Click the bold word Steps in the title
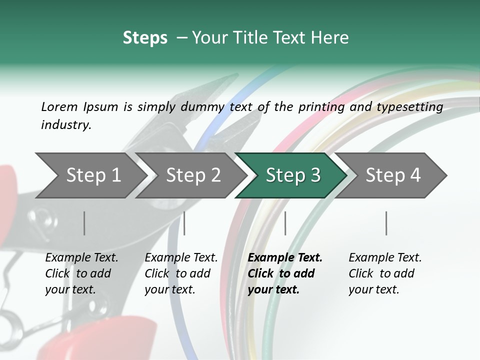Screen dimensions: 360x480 coord(145,38)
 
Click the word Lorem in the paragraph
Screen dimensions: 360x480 coord(59,106)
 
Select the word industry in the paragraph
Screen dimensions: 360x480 coord(65,125)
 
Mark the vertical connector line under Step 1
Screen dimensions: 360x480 coord(84,223)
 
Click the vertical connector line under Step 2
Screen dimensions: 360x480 coord(184,223)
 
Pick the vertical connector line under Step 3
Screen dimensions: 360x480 coord(285,223)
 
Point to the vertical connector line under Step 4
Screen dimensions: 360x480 coord(386,223)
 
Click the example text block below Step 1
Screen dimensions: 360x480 coord(81,273)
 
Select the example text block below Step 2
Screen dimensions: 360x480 coord(181,273)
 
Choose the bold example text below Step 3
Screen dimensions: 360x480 coord(285,273)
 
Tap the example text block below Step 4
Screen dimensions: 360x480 coord(385,273)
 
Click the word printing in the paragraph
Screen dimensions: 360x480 coord(321,106)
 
